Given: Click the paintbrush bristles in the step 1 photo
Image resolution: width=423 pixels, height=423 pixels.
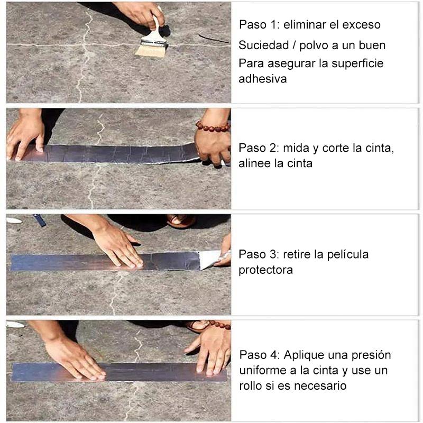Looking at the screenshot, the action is tap(151, 51).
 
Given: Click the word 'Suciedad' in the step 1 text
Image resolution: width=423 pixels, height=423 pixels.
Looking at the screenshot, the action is tap(263, 45).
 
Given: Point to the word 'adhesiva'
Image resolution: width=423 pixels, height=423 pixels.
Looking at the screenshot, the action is tap(262, 79).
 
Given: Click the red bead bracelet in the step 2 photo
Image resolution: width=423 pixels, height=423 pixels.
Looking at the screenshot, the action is tap(213, 126).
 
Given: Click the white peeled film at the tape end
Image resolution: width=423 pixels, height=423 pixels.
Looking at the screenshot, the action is tap(210, 259).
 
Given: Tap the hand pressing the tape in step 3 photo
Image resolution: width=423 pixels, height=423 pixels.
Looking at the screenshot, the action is tap(118, 245).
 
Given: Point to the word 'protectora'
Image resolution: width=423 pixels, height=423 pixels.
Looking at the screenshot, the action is tap(266, 270).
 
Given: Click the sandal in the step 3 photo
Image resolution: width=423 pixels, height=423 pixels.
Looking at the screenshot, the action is tap(181, 220).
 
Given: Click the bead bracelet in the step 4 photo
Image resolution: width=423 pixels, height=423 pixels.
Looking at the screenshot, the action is tap(218, 325).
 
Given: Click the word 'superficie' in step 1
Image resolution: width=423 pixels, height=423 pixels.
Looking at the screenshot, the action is tap(357, 63).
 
